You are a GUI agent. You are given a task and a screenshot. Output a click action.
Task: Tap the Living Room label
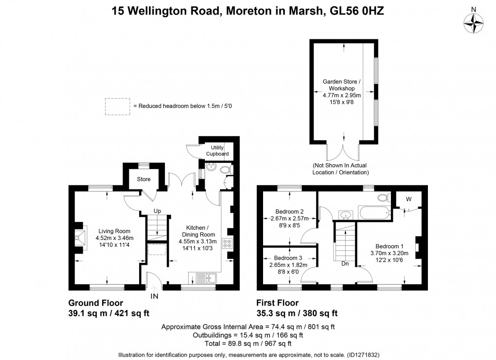(x=114, y=231)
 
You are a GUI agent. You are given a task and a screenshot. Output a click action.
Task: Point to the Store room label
(x=143, y=179)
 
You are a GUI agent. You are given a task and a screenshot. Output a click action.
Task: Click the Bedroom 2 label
(x=289, y=211)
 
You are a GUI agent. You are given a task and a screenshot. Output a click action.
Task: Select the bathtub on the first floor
(x=374, y=212)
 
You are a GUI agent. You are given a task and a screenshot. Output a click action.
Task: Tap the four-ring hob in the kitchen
(x=227, y=244)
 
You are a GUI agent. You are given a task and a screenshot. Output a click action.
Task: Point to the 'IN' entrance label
(x=154, y=295)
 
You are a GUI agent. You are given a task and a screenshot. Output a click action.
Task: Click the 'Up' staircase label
(x=157, y=211)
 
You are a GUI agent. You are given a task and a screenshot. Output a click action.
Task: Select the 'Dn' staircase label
(x=344, y=264)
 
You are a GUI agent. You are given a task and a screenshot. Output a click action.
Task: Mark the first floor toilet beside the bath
(x=384, y=198)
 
